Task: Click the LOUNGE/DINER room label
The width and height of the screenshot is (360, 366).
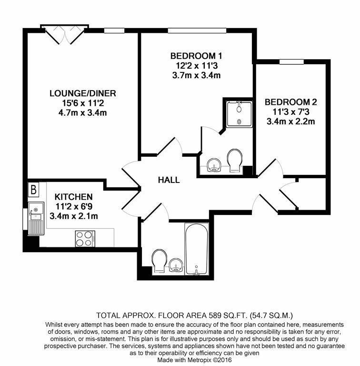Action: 83,93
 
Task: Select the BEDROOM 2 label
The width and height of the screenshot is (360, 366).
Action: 290,102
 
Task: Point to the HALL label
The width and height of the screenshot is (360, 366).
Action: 169,180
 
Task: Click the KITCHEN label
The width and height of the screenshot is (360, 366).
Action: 73,197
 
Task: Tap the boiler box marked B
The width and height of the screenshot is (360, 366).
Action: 33,190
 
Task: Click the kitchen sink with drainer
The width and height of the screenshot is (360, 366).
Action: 34,219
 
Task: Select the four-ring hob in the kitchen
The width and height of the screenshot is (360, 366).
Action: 85,238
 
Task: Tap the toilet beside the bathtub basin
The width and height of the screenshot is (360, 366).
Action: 158,261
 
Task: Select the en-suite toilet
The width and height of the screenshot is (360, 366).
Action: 234,160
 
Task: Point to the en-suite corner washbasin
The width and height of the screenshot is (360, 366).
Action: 216,164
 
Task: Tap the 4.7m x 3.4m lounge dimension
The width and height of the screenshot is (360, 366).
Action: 83,112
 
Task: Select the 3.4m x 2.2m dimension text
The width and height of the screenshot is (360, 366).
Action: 290,122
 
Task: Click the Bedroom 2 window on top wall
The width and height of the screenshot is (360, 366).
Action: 291,61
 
